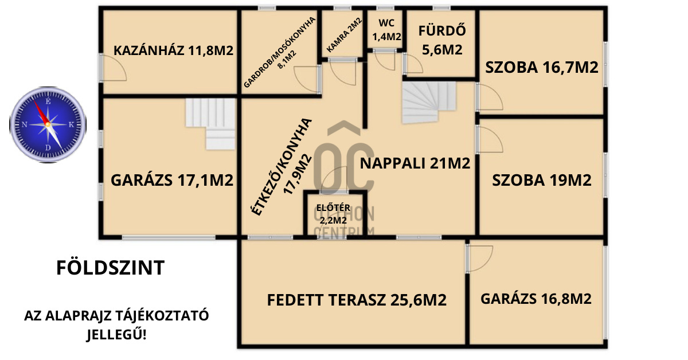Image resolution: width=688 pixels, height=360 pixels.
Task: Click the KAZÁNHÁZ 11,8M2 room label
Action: click(174, 50)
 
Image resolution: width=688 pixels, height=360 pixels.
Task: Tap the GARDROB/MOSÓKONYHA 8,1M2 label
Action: click(279, 52)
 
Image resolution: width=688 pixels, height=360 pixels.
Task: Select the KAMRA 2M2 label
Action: click(345, 35)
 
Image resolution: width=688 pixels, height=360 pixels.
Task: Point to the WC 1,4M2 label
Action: click(386, 30)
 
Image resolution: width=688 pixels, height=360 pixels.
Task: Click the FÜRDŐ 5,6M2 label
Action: click(442, 40)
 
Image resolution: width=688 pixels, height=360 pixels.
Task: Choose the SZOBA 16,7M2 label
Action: click(542, 67)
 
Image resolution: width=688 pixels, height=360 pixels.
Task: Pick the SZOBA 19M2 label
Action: click(542, 180)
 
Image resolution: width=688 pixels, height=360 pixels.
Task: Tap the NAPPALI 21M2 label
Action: click(415, 163)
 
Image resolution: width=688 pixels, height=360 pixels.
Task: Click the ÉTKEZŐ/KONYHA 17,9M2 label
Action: click(282, 167)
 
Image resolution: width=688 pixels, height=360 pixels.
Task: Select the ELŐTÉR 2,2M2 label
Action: click(333, 214)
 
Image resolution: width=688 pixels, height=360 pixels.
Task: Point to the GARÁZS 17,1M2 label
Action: click(172, 180)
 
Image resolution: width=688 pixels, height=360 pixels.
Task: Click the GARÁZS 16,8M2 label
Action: click(536, 299)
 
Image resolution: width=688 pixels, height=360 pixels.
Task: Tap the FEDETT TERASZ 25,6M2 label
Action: click(357, 300)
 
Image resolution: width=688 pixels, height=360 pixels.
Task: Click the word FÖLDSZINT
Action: click(111, 268)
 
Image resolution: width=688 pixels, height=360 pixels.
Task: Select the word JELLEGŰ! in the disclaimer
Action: click(116, 334)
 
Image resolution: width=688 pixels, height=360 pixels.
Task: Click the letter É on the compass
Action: click(48, 101)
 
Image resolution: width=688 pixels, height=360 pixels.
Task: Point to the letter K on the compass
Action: click(71, 125)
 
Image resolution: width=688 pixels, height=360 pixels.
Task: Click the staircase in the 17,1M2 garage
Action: click(210, 124)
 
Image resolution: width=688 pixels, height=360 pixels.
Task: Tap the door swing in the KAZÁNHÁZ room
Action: click(114, 68)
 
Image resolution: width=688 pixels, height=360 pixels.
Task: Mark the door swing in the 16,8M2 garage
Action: click(480, 259)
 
